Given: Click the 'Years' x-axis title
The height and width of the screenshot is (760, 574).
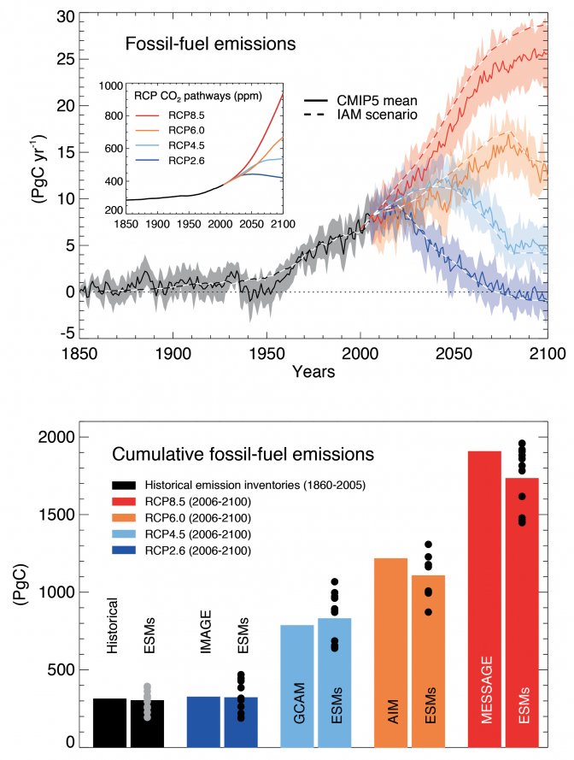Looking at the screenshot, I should (x=313, y=372).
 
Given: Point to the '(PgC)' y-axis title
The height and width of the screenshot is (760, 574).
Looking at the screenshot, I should (x=18, y=592).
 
